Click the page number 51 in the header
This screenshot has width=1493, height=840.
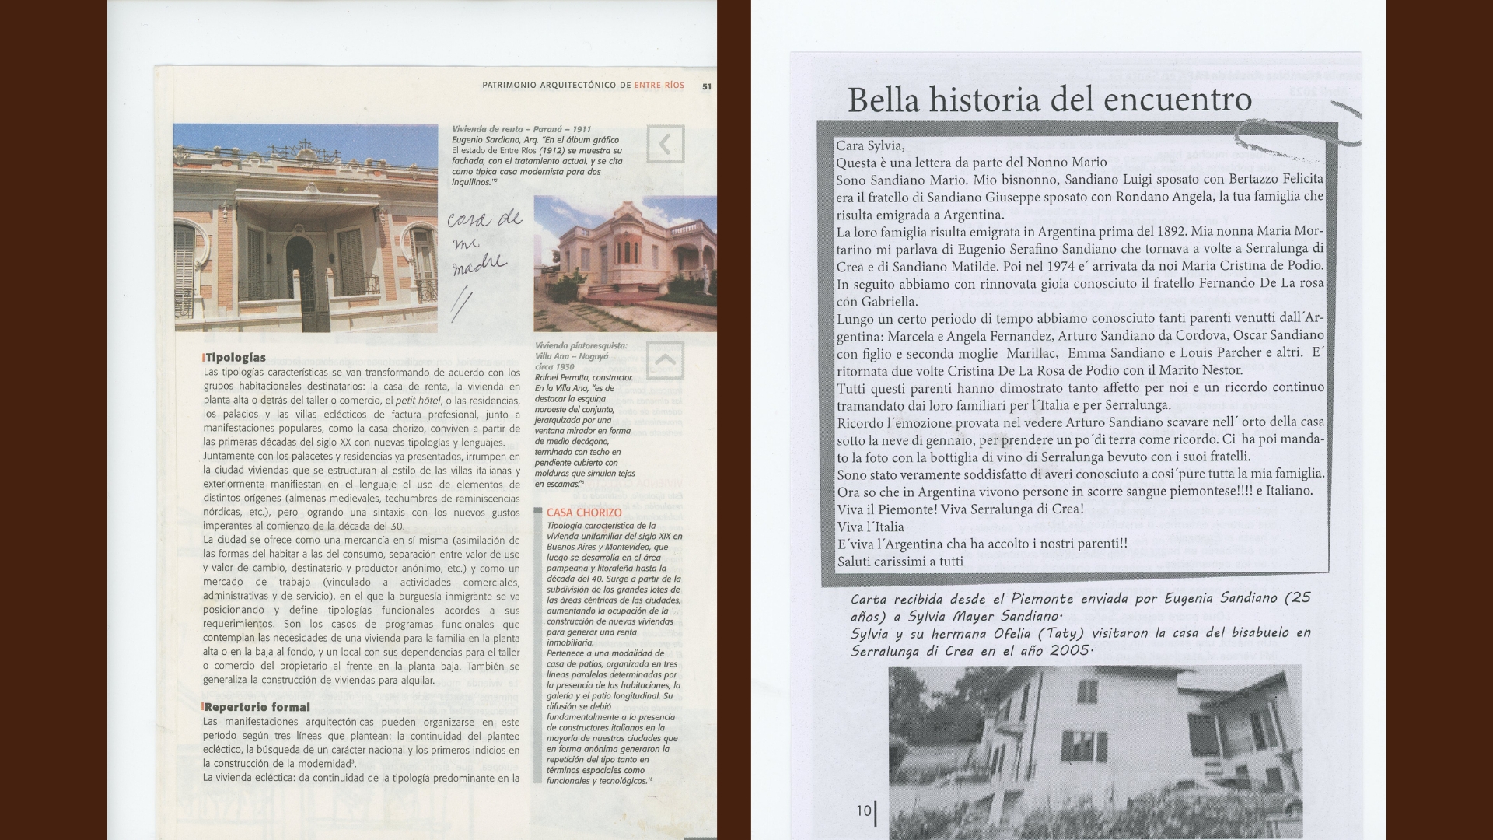pyautogui.click(x=706, y=86)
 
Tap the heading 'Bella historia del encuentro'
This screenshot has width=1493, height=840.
pyautogui.click(x=1049, y=100)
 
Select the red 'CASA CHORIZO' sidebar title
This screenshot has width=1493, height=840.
pyautogui.click(x=584, y=513)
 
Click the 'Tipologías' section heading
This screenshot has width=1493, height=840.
pyautogui.click(x=235, y=358)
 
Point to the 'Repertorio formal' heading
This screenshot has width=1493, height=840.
pyautogui.click(x=257, y=707)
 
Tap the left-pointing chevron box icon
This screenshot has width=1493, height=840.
pyautogui.click(x=665, y=144)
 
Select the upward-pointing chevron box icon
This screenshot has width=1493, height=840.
pyautogui.click(x=665, y=360)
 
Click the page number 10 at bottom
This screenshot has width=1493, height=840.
pyautogui.click(x=864, y=810)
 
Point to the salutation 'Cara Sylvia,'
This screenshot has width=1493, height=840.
pyautogui.click(x=870, y=145)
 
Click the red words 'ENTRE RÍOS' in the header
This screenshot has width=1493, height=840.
pyautogui.click(x=659, y=86)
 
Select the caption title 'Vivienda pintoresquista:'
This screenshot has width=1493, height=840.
pyautogui.click(x=581, y=345)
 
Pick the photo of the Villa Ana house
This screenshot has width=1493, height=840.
pyautogui.click(x=624, y=263)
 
